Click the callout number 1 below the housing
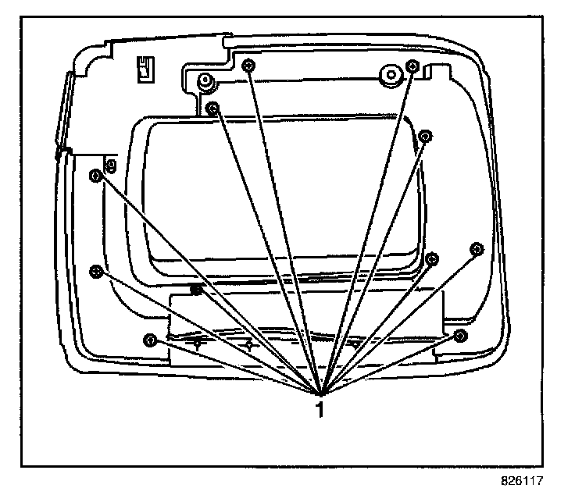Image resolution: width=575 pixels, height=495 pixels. tap(319, 410)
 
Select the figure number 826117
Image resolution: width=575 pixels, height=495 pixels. tap(521, 483)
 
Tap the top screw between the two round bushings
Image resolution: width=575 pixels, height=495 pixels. tap(248, 66)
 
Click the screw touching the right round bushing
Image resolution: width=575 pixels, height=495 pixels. tap(412, 66)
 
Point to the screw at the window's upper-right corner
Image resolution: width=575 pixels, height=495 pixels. tap(425, 136)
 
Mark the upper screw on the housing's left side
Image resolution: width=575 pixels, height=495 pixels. tap(95, 175)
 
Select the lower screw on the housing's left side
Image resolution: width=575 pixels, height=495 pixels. tap(95, 270)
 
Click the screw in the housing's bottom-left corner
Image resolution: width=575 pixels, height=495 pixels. tap(150, 340)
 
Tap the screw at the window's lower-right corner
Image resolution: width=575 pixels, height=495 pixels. tap(433, 258)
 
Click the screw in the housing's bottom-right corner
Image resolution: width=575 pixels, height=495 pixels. tap(460, 336)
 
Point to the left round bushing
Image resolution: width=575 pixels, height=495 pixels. tap(204, 80)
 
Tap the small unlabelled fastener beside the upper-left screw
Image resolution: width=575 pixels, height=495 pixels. tap(111, 165)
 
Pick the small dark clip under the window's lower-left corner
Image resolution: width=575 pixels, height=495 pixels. tap(198, 290)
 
